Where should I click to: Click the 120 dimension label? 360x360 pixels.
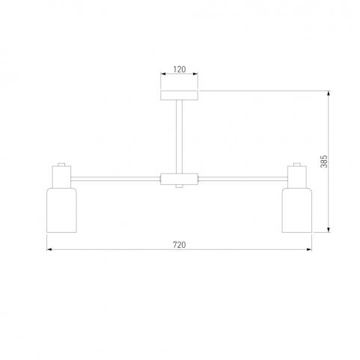tap(180, 69)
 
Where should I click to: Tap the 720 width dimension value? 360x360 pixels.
tap(180, 245)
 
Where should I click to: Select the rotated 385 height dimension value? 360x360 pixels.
tap(324, 162)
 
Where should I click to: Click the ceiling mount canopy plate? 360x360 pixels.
tap(180, 95)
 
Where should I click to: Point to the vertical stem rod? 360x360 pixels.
tap(179, 136)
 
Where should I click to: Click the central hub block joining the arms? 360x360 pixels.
tap(180, 179)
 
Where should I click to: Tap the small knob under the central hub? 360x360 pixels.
tap(179, 186)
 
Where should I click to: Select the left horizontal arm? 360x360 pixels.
tap(115, 179)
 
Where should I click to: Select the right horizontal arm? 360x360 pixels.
tap(243, 179)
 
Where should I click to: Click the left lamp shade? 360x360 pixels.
tap(61, 210)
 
